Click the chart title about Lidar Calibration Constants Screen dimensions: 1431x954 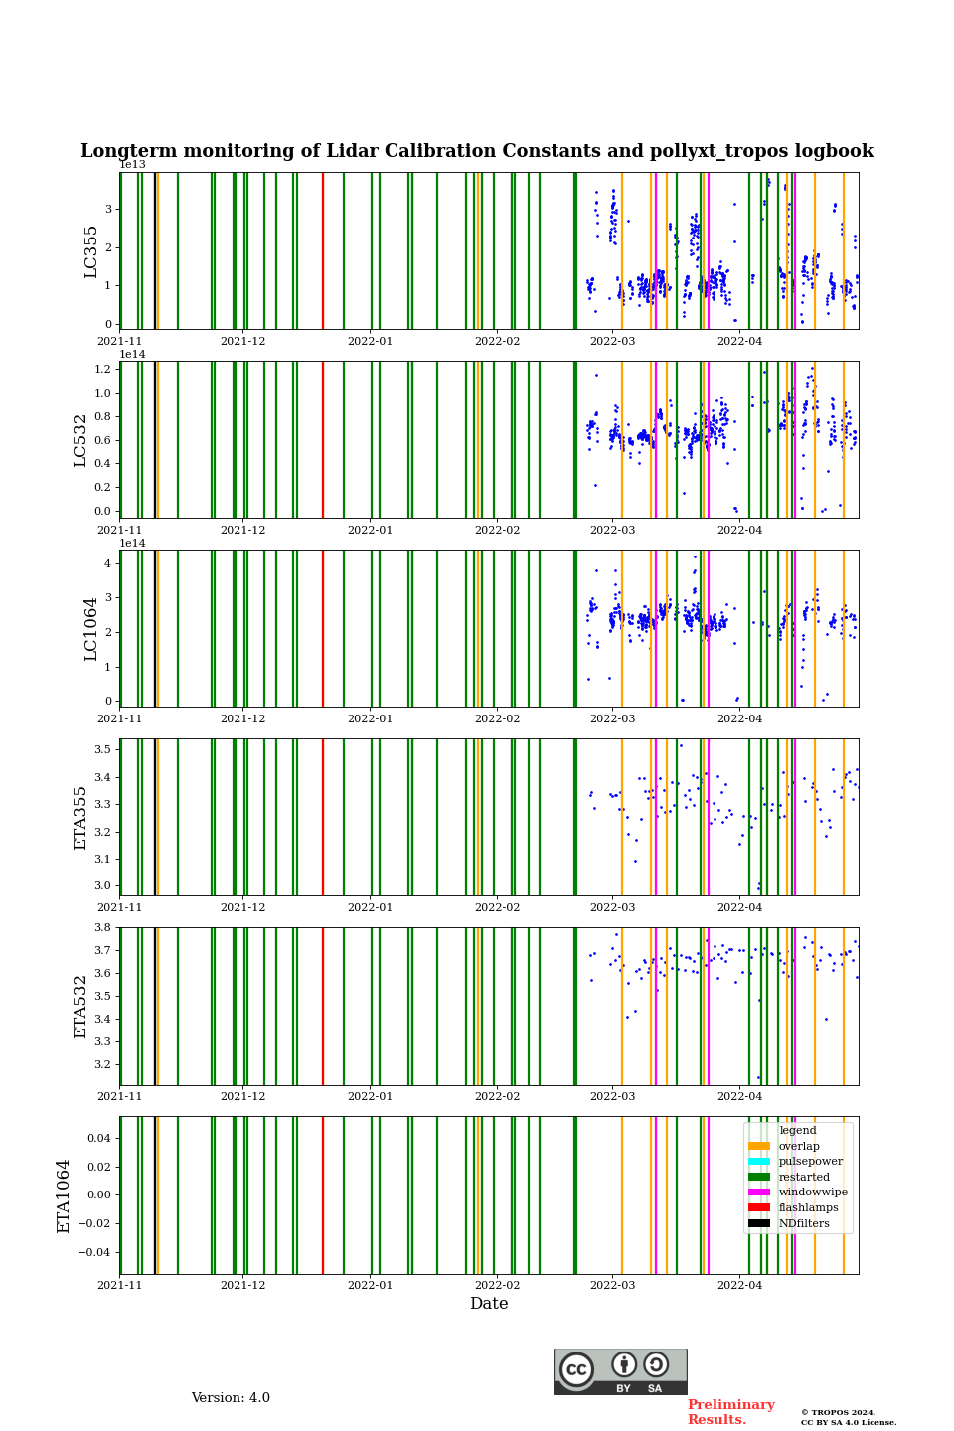pos(477,151)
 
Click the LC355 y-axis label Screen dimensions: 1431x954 pos(91,251)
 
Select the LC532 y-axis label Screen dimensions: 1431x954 pos(80,440)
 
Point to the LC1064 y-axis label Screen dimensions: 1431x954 pos(91,629)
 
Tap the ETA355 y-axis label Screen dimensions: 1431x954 pos(80,818)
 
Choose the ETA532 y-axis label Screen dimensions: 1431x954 pos(80,1007)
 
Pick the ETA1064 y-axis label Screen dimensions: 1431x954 pos(64,1195)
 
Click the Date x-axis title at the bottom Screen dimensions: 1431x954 pos(489,1304)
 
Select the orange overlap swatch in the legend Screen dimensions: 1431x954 pos(759,1146)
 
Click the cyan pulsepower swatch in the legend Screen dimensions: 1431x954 pos(759,1162)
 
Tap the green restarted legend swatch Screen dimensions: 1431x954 pos(759,1177)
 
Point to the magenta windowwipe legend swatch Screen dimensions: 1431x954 pos(759,1192)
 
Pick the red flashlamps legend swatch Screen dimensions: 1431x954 pos(759,1208)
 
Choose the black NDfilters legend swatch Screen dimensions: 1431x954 pos(759,1223)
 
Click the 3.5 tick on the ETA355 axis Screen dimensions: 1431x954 pos(102,749)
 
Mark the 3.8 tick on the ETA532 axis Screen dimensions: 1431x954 pos(102,927)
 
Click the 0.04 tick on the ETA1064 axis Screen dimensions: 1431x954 pos(99,1138)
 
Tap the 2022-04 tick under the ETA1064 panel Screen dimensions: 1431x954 pos(740,1286)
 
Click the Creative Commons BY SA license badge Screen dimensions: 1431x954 pos(620,1371)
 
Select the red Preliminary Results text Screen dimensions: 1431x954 pos(730,1412)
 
